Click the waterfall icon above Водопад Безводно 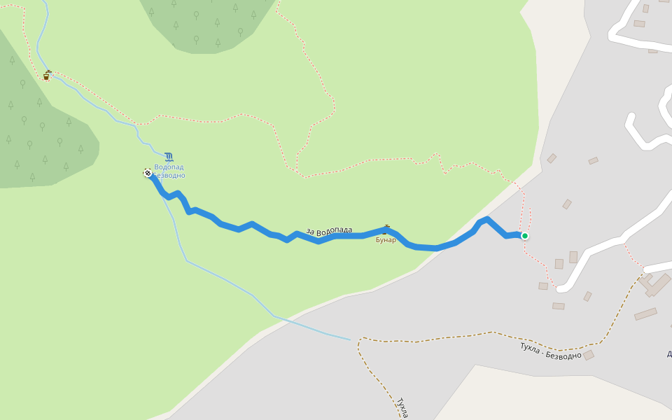[x=169, y=157]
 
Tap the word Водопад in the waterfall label [x=169, y=167]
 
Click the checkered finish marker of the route [x=148, y=173]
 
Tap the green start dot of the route [x=525, y=236]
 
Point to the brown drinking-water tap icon [x=47, y=75]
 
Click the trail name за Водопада [x=329, y=230]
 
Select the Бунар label [x=386, y=240]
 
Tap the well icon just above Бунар [x=386, y=229]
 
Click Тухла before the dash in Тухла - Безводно [x=531, y=348]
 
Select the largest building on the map [x=657, y=285]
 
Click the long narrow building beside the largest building [x=645, y=314]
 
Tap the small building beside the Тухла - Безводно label [x=589, y=355]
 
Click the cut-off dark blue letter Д [x=669, y=353]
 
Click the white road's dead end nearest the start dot [x=560, y=288]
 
